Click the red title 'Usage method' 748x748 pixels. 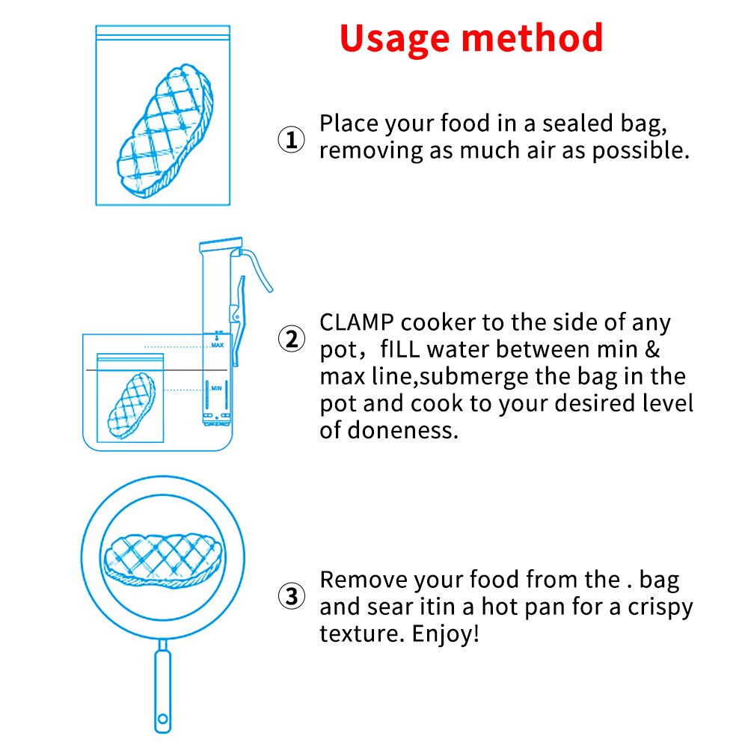pos(471,37)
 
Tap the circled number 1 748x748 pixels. pos(292,140)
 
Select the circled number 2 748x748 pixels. pos(292,339)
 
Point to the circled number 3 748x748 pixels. pos(292,596)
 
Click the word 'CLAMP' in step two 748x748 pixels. pos(357,323)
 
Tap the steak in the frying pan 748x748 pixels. pos(162,557)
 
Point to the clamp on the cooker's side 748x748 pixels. pos(237,314)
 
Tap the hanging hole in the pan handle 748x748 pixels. pos(162,722)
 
